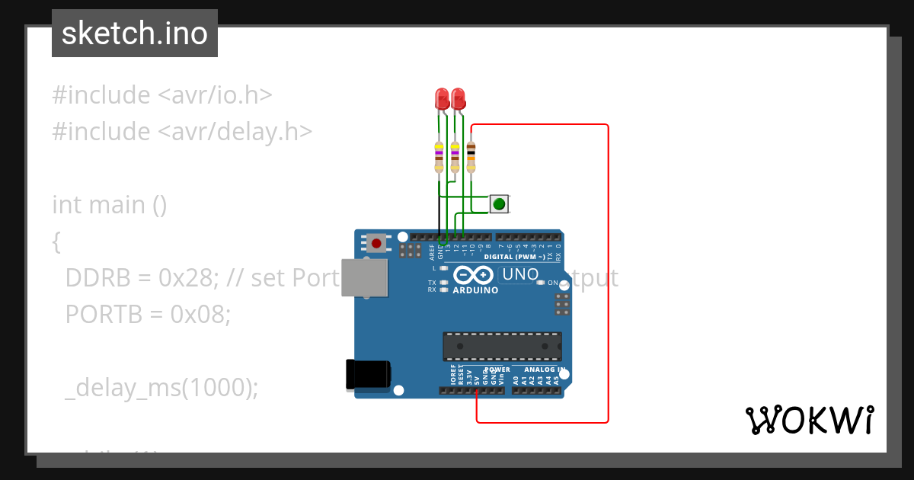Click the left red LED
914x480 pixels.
coord(441,98)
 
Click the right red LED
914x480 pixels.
coord(458,98)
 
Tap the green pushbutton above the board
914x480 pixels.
coord(499,204)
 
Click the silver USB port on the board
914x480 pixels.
coord(364,277)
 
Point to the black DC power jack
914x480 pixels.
coord(369,373)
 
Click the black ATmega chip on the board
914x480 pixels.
coord(503,346)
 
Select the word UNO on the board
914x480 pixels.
coord(521,274)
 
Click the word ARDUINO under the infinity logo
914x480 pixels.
coord(475,290)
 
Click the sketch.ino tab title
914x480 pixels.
coord(135,34)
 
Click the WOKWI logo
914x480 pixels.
coord(810,420)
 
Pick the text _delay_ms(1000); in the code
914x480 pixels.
coord(162,388)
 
